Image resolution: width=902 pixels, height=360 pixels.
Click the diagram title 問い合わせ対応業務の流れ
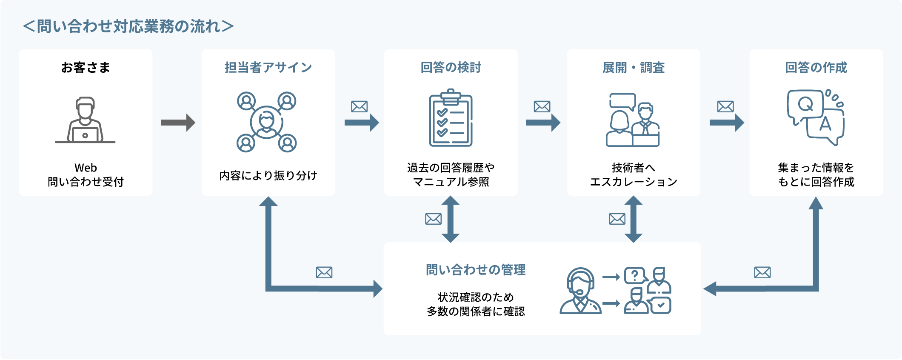128,26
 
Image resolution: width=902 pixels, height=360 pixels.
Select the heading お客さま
86,67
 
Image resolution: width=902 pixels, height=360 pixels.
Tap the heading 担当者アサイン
268,67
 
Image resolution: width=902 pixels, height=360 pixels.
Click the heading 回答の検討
451,67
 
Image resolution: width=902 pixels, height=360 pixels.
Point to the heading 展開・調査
633,67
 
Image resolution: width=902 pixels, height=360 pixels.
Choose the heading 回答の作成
816,67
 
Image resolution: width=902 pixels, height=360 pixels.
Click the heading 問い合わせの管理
476,270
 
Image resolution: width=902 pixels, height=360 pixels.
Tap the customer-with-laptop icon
85,120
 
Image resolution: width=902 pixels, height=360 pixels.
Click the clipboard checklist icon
451,118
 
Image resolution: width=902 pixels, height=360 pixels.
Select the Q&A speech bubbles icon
815,117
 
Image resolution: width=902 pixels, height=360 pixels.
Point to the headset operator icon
580,291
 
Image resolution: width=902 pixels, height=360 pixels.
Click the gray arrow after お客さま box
177,123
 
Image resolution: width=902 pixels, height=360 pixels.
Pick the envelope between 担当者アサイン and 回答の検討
359,106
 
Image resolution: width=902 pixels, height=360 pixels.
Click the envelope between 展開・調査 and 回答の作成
725,106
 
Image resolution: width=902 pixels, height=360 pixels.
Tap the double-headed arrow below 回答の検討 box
451,219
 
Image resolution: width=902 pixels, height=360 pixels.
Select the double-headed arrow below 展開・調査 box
633,219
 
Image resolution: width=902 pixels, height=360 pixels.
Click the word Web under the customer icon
86,168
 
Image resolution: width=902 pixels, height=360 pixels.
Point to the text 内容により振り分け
268,175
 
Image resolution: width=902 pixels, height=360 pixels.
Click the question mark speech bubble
635,275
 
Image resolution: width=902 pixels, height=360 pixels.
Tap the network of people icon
267,122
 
